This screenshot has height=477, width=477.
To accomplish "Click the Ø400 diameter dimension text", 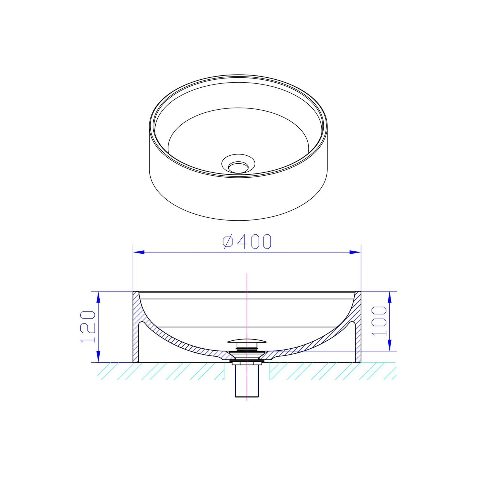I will click(247, 242).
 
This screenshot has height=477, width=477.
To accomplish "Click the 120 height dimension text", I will click(88, 327).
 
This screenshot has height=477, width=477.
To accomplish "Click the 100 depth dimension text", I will click(379, 321).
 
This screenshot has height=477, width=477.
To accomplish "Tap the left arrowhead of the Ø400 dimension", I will click(139, 252).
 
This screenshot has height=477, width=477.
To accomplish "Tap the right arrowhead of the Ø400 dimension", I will click(355, 252).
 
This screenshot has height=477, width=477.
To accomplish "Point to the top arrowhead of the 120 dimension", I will click(98, 297).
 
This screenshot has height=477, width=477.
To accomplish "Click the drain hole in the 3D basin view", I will click(238, 166).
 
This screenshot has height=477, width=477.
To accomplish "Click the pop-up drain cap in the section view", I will click(247, 341).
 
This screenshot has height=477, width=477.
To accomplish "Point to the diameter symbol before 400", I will click(228, 242).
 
